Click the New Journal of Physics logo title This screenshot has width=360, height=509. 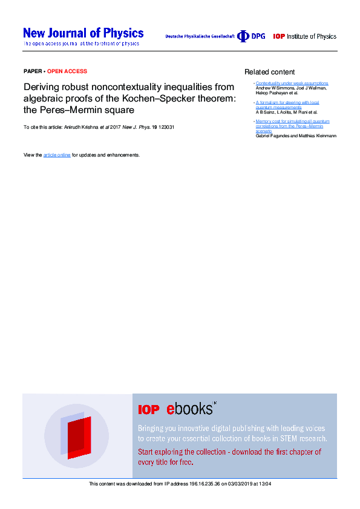pos(83,33)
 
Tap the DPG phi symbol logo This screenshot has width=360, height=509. pos(243,36)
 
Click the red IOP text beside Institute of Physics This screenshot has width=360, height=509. pos(279,36)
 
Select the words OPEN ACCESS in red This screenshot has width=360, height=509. pos(67,71)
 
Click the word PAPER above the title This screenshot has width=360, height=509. pos(33,71)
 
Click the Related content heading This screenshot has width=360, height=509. pos(270,72)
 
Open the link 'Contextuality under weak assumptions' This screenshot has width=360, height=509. pos(292,83)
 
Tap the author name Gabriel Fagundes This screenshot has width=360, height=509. pos(275,136)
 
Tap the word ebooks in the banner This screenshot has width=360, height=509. pos(190,409)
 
